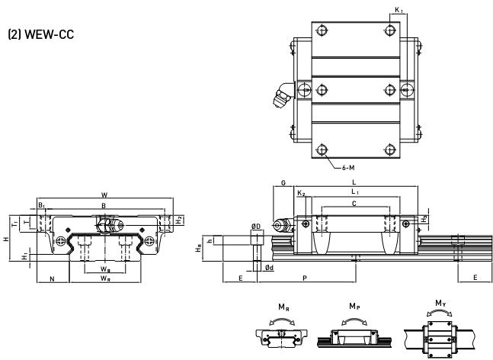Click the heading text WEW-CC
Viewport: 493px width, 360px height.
pyautogui.click(x=49, y=34)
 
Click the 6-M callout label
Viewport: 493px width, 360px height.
pyautogui.click(x=348, y=168)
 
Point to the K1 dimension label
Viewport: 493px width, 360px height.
pyautogui.click(x=399, y=10)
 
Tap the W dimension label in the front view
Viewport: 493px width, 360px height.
pyautogui.click(x=104, y=195)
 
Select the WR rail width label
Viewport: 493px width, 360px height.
pyautogui.click(x=105, y=278)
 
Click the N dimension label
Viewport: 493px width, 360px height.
pyautogui.click(x=53, y=278)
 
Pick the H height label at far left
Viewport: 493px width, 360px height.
pyautogui.click(x=6, y=239)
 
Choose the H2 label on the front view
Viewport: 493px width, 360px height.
pyautogui.click(x=179, y=220)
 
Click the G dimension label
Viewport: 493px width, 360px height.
pyautogui.click(x=283, y=183)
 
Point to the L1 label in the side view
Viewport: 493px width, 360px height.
pyautogui.click(x=355, y=191)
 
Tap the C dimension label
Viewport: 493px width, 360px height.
pyautogui.click(x=354, y=204)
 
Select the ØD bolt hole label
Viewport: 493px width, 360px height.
pyautogui.click(x=256, y=227)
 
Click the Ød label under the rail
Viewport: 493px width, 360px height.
pyautogui.click(x=269, y=268)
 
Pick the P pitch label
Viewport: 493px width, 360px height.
pyautogui.click(x=305, y=278)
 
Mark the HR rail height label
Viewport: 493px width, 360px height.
pyautogui.click(x=198, y=249)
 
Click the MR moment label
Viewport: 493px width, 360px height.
pyautogui.click(x=283, y=307)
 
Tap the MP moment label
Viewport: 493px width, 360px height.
pyautogui.click(x=354, y=306)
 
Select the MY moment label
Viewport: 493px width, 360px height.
pyautogui.click(x=440, y=304)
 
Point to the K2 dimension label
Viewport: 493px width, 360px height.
pyautogui.click(x=301, y=193)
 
